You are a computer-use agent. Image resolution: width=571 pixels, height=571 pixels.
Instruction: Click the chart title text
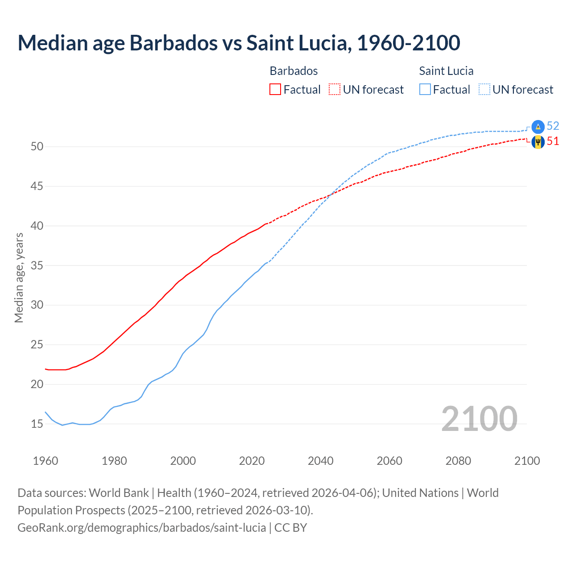[239, 43]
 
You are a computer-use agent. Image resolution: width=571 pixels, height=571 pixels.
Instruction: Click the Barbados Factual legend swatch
[275, 89]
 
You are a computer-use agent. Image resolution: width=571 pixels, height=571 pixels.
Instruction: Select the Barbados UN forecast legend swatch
[335, 89]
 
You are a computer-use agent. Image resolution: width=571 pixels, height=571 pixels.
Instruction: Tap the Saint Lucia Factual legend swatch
[425, 89]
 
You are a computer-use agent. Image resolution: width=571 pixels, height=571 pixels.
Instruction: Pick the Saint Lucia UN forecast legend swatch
[484, 89]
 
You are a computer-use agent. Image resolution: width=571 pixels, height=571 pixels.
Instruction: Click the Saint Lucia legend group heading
[446, 71]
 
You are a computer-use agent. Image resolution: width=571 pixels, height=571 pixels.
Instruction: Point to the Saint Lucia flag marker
[538, 127]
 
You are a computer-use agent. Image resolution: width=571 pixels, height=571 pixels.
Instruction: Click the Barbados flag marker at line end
[538, 142]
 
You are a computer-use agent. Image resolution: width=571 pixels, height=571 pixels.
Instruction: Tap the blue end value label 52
[553, 126]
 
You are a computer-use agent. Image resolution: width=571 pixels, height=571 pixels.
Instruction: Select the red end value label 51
[553, 141]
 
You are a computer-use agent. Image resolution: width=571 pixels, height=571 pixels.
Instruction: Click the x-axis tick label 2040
[321, 461]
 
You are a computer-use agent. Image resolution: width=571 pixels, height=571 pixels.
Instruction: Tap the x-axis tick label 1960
[46, 461]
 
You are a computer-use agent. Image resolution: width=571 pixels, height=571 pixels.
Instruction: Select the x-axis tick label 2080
[458, 461]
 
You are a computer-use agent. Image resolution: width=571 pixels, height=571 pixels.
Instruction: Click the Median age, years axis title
[19, 277]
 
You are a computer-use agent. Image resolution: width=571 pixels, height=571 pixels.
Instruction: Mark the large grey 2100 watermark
[479, 419]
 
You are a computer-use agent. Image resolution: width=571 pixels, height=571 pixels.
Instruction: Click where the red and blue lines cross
[331, 194]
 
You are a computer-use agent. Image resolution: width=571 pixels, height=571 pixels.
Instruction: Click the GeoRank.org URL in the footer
[141, 528]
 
